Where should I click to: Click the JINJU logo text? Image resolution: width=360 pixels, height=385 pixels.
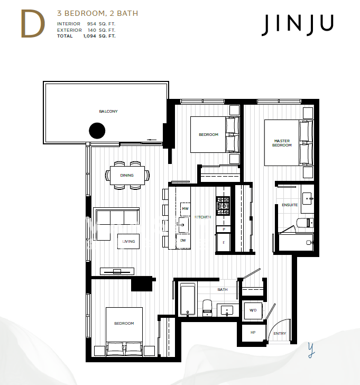(297, 25)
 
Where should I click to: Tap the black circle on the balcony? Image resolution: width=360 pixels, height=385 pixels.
(97, 130)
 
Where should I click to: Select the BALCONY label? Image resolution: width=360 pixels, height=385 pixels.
(108, 112)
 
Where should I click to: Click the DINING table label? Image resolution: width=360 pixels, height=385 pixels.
(127, 175)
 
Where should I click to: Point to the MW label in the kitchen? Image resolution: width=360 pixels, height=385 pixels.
(184, 209)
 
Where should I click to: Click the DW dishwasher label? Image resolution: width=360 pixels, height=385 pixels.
(183, 241)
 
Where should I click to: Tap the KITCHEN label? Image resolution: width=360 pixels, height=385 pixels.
(203, 217)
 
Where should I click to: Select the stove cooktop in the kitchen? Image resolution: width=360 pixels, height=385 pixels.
(223, 206)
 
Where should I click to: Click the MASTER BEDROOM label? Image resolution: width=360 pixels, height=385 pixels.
(282, 143)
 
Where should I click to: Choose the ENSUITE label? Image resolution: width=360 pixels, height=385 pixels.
(290, 205)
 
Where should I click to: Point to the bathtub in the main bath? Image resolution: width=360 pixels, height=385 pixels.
(187, 299)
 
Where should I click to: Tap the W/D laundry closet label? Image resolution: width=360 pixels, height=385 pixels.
(253, 310)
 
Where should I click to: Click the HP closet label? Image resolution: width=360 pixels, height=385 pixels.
(253, 333)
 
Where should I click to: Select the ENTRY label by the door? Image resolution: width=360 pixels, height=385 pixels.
(279, 334)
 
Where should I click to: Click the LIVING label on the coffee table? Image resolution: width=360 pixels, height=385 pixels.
(128, 241)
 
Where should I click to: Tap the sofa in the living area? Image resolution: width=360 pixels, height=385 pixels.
(116, 217)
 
